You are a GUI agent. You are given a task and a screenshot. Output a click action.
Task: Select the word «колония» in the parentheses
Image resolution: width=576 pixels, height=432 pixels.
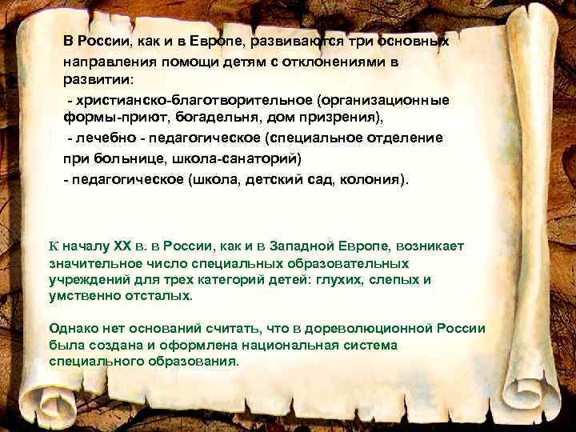tap(371, 178)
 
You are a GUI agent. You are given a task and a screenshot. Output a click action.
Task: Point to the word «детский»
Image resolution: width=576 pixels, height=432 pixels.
tap(282, 178)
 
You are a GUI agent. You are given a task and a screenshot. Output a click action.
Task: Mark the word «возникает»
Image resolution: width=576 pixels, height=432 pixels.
tap(424, 246)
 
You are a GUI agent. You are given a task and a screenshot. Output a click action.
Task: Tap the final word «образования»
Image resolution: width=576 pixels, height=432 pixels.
tap(196, 361)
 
